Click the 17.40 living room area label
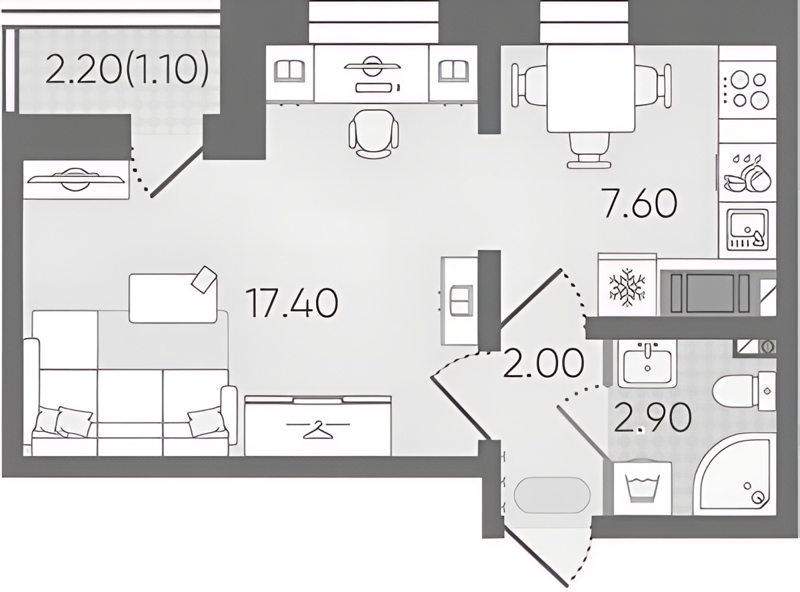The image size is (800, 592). pyautogui.click(x=291, y=304)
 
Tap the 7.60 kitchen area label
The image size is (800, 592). pyautogui.click(x=640, y=204)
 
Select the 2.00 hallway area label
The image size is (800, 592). pyautogui.click(x=543, y=362)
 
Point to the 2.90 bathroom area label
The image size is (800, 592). pyautogui.click(x=652, y=418)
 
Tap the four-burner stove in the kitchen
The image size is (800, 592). pyautogui.click(x=747, y=89)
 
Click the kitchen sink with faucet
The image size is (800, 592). pyautogui.click(x=747, y=230)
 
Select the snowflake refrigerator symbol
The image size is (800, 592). pyautogui.click(x=627, y=288)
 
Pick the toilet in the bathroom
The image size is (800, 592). pyautogui.click(x=743, y=392)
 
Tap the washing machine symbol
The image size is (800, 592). pyautogui.click(x=643, y=488)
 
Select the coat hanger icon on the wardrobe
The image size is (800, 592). pyautogui.click(x=318, y=430)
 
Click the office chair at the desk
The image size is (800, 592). pyautogui.click(x=374, y=133)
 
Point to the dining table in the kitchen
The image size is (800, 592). pyautogui.click(x=591, y=89)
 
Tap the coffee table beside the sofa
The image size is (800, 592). pyautogui.click(x=173, y=296)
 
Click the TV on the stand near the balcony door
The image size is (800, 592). pyautogui.click(x=76, y=179)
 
